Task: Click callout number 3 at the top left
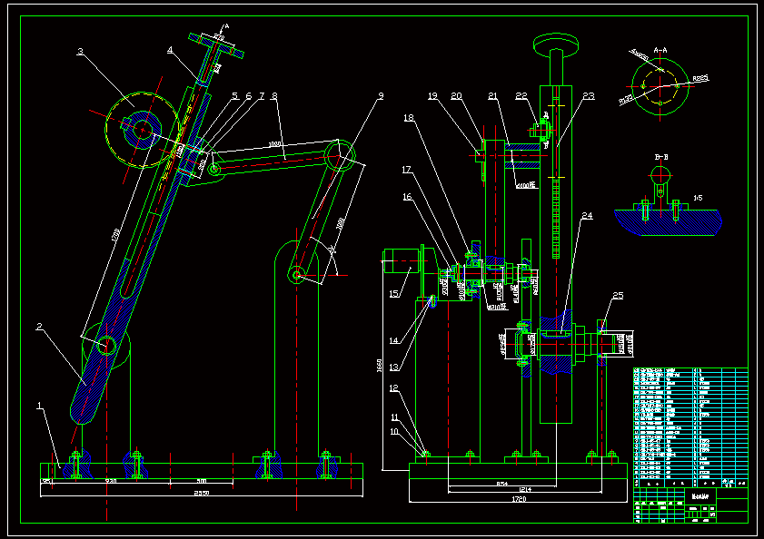click(80, 53)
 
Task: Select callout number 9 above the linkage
click(381, 94)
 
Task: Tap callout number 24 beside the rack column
click(588, 216)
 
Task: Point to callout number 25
click(618, 296)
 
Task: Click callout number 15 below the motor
click(394, 293)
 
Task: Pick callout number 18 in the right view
click(409, 117)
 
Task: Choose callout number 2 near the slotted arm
click(39, 326)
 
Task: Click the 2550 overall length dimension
click(201, 493)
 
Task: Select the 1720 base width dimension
click(519, 498)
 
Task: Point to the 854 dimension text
click(502, 484)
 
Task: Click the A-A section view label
click(660, 51)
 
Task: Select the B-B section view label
click(661, 157)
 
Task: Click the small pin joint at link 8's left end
click(214, 169)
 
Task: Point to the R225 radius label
click(700, 80)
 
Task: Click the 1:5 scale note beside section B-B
click(698, 196)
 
